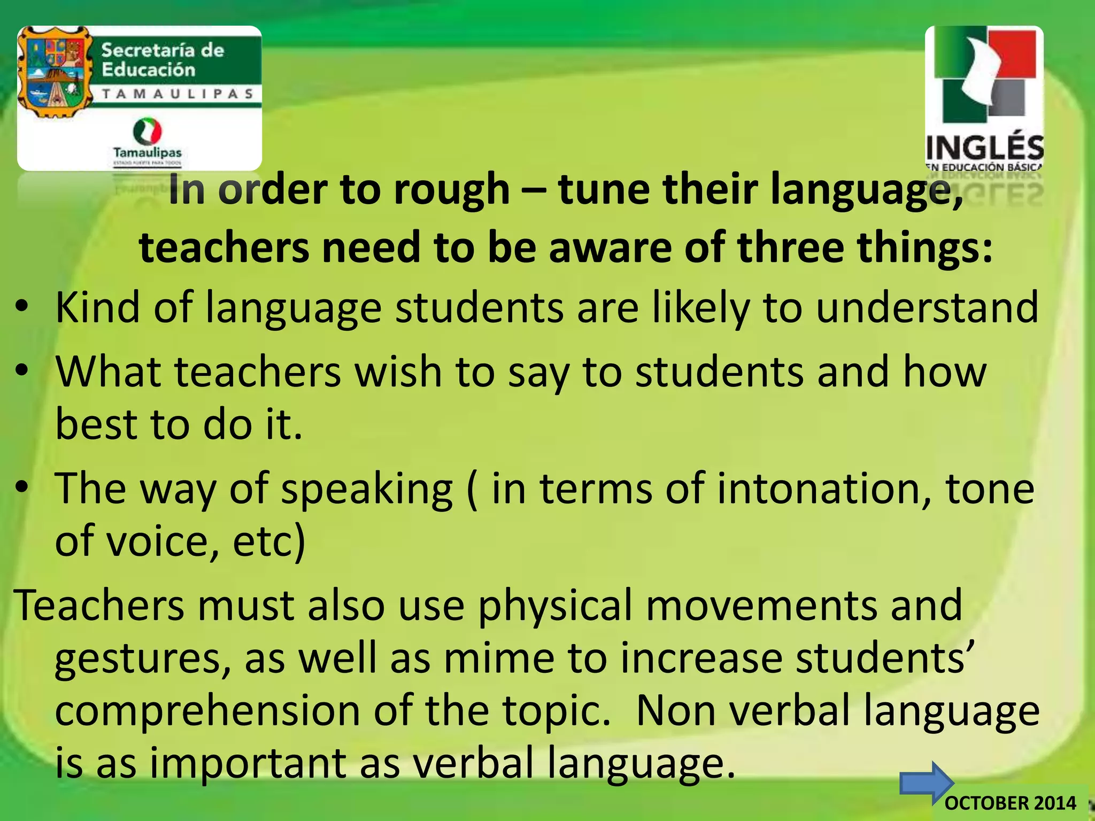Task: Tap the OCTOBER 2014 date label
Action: (1011, 803)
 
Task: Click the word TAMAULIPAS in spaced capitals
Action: (178, 94)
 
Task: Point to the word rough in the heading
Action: (452, 190)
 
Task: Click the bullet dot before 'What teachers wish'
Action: (21, 370)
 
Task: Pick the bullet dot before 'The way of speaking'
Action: (21, 487)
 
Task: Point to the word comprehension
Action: (207, 710)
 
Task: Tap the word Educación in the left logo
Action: (149, 69)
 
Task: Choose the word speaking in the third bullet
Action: (367, 489)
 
